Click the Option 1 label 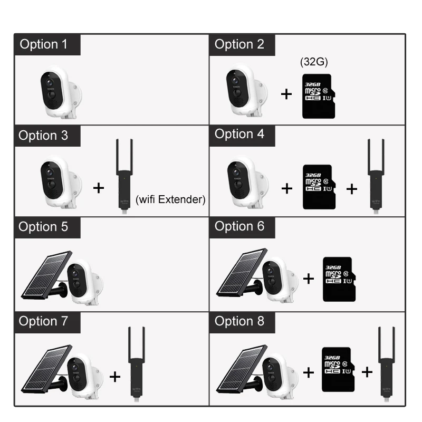pos(44,44)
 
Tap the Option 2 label pos(239,44)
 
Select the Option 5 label pos(44,227)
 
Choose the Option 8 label pos(239,321)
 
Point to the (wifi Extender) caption pos(170,199)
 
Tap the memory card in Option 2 pos(318,95)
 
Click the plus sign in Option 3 pos(99,187)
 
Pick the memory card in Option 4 pos(316,187)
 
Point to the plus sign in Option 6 pos(309,279)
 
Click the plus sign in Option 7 pos(114,376)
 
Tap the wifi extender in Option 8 pos(386,365)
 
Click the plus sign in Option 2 pos(286,94)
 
